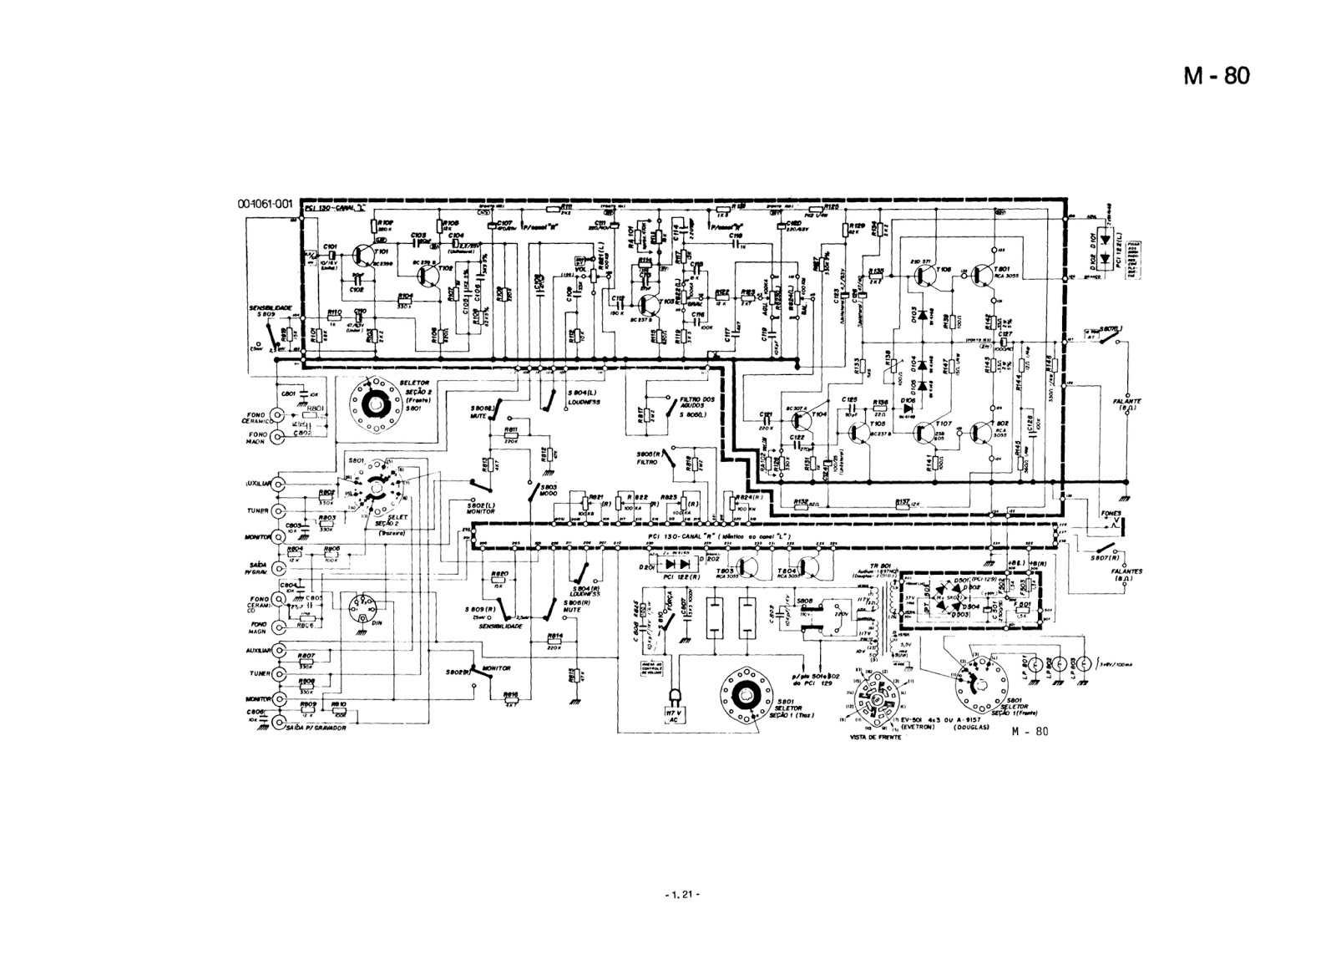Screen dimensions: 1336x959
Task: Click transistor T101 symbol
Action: pos(365,256)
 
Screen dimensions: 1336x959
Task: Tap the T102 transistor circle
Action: pos(437,277)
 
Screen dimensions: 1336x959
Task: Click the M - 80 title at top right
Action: pos(1216,76)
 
